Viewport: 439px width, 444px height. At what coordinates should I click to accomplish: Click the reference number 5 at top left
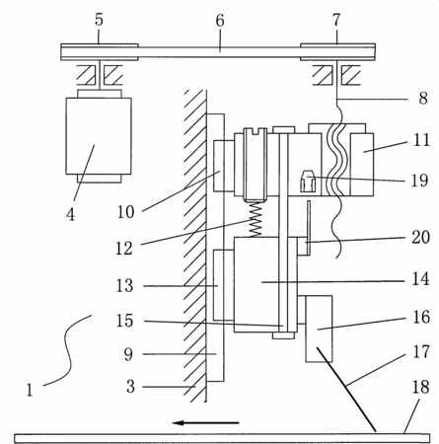99,20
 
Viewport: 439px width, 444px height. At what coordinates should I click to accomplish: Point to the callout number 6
220,21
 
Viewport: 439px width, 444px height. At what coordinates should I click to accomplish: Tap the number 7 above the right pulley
335,20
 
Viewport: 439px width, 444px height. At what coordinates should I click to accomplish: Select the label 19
420,181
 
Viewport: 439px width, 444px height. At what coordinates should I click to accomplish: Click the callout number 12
124,249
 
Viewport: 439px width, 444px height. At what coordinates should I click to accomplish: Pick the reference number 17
421,352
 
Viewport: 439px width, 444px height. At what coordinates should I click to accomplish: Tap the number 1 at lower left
30,390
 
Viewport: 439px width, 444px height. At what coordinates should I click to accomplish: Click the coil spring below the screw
256,219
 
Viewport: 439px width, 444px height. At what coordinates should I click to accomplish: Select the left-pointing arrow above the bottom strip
206,422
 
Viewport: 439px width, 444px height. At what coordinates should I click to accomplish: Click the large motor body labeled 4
99,136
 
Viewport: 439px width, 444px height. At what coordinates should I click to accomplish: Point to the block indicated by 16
319,329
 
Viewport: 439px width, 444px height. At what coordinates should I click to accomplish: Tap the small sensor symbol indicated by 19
308,181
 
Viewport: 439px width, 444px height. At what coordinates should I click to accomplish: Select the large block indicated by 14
256,284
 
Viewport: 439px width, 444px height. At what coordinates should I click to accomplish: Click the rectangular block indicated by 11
362,165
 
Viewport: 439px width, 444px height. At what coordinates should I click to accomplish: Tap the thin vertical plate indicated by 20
309,228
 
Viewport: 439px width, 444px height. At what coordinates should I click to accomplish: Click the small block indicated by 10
224,166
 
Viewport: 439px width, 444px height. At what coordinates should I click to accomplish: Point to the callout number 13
124,286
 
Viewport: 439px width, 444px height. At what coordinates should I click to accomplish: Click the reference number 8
423,99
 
